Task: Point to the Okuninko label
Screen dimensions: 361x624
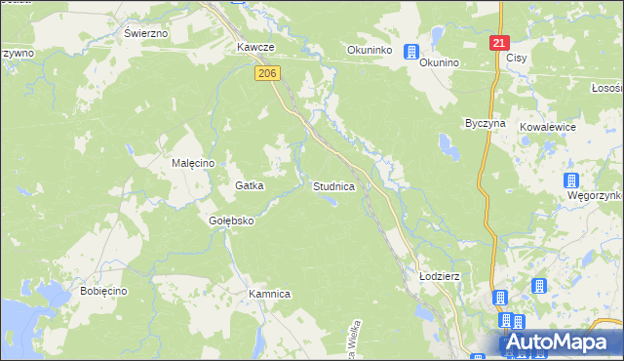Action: click(x=370, y=50)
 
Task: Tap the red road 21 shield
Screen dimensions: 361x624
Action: click(x=499, y=43)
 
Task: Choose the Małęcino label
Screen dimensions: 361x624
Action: click(x=193, y=163)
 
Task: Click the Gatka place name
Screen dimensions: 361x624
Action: click(x=250, y=185)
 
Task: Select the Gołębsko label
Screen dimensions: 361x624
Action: click(x=231, y=221)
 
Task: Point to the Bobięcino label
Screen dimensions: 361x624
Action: click(x=104, y=293)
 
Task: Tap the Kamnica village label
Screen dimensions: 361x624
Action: click(x=270, y=294)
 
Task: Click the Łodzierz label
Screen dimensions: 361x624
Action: click(x=439, y=276)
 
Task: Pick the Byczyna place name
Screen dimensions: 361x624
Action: click(x=485, y=125)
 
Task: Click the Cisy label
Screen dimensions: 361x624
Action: click(x=517, y=59)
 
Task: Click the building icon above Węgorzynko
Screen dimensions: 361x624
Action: click(x=571, y=180)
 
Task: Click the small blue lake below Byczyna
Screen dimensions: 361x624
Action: click(x=450, y=148)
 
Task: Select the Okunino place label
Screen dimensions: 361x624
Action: click(x=439, y=62)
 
